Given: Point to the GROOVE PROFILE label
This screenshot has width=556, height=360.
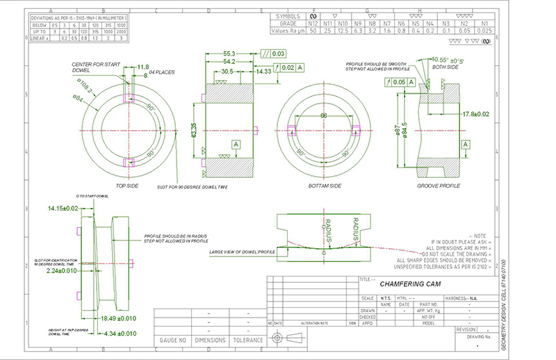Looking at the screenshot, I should pyautogui.click(x=439, y=186).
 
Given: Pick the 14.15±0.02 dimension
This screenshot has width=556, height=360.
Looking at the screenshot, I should pyautogui.click(x=63, y=208).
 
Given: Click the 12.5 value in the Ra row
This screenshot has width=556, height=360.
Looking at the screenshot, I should pyautogui.click(x=343, y=31).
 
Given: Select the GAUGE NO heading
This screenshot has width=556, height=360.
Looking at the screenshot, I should pyautogui.click(x=172, y=341).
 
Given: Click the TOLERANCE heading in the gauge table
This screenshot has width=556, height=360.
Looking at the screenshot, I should pyautogui.click(x=247, y=341).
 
